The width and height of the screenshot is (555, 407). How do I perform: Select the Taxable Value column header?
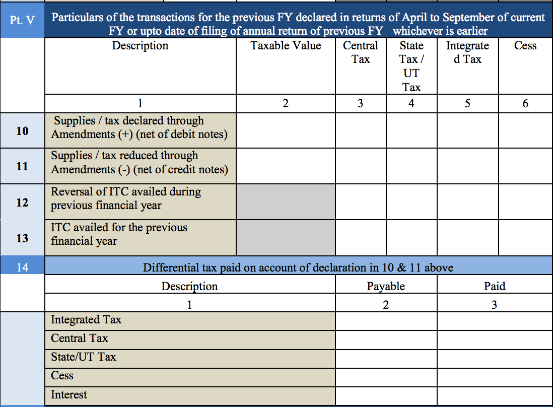pyautogui.click(x=286, y=46)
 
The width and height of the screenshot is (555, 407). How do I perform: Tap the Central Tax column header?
pyautogui.click(x=361, y=52)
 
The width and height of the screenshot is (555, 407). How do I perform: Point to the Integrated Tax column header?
pyautogui.click(x=467, y=52)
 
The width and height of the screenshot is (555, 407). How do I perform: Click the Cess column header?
pyautogui.click(x=525, y=46)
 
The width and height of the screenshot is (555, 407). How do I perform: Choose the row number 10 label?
pyautogui.click(x=22, y=131)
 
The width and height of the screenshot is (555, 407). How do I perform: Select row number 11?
pyautogui.click(x=22, y=166)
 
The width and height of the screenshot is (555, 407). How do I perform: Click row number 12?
pyautogui.click(x=22, y=202)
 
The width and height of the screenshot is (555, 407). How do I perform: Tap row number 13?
pyautogui.click(x=22, y=238)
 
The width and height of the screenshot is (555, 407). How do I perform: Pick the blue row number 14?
pyautogui.click(x=22, y=267)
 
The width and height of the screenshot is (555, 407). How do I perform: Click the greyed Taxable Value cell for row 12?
pyautogui.click(x=286, y=201)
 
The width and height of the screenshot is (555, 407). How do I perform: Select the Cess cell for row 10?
pyautogui.click(x=525, y=130)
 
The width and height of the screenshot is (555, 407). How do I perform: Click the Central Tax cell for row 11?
pyautogui.click(x=361, y=166)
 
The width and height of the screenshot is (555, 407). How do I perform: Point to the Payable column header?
pyautogui.click(x=386, y=287)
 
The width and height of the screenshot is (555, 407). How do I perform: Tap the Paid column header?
pyautogui.click(x=495, y=287)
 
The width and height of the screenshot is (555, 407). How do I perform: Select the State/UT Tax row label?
pyautogui.click(x=84, y=357)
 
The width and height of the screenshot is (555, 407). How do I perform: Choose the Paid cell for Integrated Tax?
pyautogui.click(x=495, y=320)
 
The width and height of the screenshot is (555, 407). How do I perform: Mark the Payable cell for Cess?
pyautogui.click(x=386, y=376)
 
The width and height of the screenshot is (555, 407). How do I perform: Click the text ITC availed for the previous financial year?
pyautogui.click(x=119, y=234)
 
